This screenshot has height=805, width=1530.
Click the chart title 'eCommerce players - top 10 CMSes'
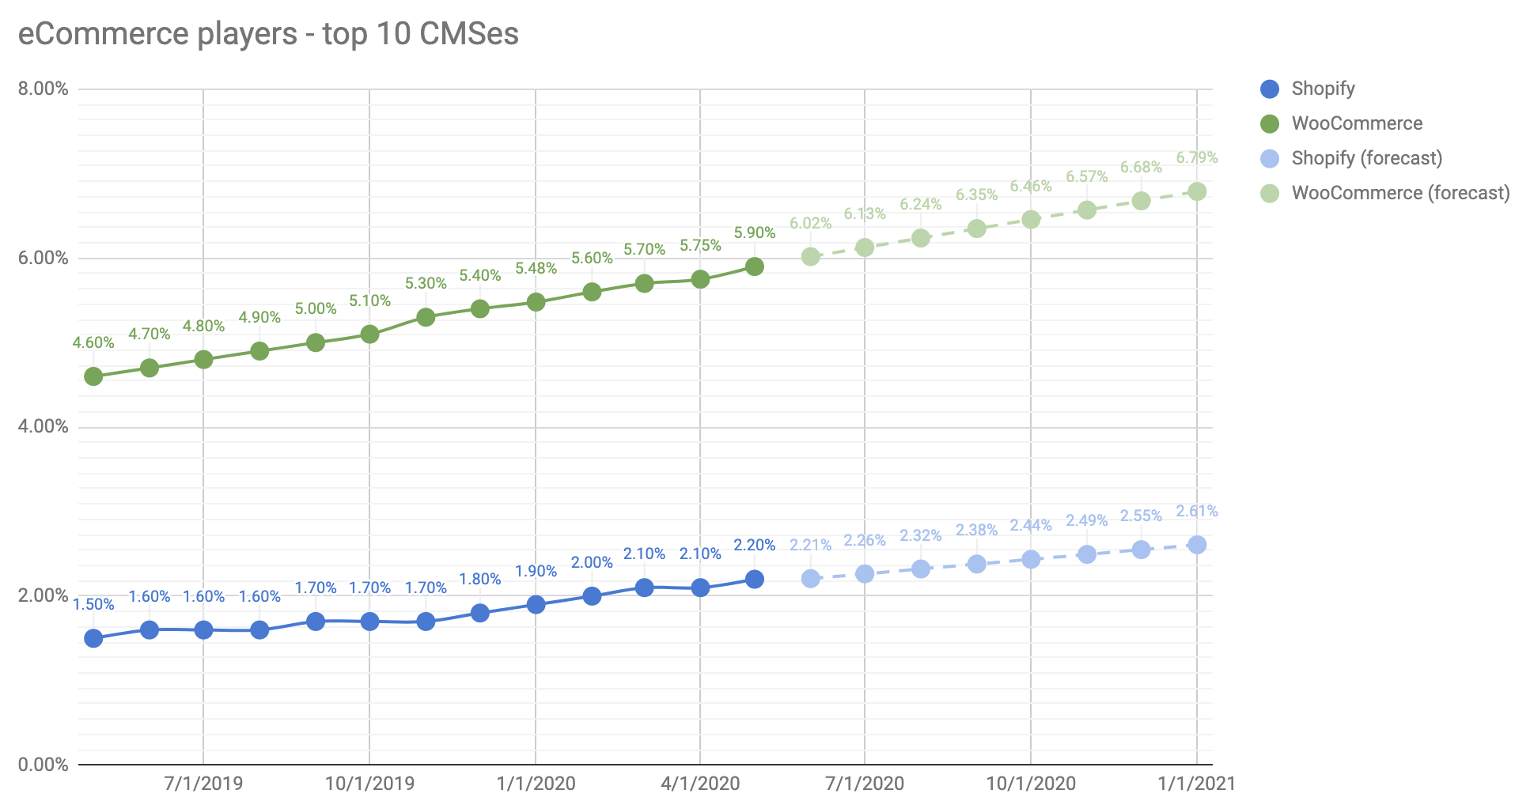[268, 34]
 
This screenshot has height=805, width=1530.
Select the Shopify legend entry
[1322, 89]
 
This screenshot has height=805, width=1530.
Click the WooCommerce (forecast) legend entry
[1399, 193]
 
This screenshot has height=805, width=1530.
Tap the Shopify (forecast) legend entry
[1366, 158]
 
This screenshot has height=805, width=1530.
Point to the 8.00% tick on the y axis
[44, 89]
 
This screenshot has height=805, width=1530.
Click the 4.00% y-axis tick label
[44, 427]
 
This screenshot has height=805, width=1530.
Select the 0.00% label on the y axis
[44, 765]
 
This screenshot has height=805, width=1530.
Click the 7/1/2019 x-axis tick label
[203, 784]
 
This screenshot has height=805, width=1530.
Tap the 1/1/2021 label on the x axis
[1196, 784]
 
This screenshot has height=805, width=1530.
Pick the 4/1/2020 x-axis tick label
[700, 784]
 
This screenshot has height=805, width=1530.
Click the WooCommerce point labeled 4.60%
[93, 376]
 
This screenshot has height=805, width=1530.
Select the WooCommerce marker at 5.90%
[755, 266]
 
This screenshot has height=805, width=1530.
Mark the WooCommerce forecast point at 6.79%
[1197, 191]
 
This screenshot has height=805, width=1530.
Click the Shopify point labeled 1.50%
[93, 638]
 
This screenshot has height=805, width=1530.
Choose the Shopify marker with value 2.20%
[755, 579]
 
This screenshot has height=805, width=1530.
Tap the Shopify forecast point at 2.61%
[1197, 545]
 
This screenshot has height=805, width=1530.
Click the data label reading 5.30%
[426, 283]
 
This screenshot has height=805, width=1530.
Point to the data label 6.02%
[810, 223]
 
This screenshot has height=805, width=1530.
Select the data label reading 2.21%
[810, 545]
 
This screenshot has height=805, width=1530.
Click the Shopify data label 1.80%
[479, 579]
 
